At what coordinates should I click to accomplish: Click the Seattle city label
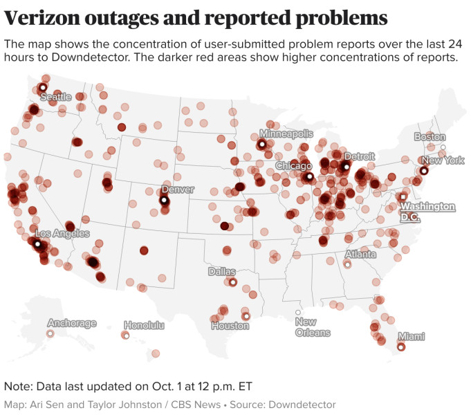55,98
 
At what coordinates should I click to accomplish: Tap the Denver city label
177,190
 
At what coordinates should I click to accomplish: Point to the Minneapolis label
286,133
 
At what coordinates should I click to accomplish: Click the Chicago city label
293,166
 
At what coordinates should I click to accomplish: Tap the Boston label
430,137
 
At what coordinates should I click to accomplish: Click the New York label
443,160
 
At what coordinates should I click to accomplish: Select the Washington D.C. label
428,212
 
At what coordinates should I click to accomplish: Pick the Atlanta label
361,255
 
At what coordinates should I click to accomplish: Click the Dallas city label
221,272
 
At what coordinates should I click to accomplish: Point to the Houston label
230,326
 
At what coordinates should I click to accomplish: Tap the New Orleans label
313,327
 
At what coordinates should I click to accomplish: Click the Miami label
411,337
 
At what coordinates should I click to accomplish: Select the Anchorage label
72,323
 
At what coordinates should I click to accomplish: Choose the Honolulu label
144,325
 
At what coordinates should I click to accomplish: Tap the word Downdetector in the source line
302,405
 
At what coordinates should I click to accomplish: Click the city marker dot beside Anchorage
50,333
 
